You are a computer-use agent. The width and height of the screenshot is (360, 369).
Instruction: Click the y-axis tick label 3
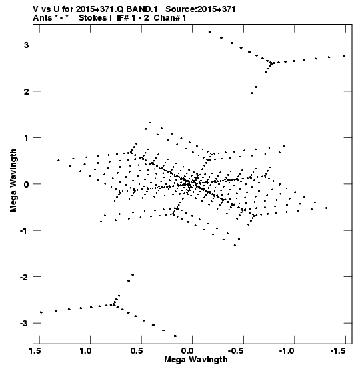click(26, 45)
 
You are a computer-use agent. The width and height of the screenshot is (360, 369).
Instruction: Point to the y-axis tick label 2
click(26, 91)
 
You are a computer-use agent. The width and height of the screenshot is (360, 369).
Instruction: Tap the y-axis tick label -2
click(24, 277)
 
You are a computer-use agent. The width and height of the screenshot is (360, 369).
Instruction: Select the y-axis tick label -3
click(24, 323)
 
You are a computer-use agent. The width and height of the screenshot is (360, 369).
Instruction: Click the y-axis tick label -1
click(24, 230)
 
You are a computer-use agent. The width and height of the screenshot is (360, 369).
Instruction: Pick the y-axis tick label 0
click(26, 184)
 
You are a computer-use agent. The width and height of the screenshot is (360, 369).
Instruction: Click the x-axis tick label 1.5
click(36, 351)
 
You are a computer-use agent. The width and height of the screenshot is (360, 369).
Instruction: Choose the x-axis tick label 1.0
click(86, 351)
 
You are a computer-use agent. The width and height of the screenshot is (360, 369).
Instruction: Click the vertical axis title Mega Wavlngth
click(13, 180)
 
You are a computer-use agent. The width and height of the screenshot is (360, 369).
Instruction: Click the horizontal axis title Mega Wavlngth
click(196, 360)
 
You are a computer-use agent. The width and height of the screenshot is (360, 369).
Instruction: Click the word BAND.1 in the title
click(141, 9)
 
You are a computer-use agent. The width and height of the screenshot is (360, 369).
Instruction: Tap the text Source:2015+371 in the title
click(201, 9)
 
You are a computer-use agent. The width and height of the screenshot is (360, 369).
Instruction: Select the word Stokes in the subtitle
click(92, 17)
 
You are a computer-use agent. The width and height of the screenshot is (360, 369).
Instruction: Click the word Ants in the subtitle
click(42, 17)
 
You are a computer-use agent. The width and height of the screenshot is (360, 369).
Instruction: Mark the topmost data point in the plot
click(210, 32)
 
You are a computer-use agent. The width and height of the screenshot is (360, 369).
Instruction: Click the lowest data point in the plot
click(175, 336)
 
